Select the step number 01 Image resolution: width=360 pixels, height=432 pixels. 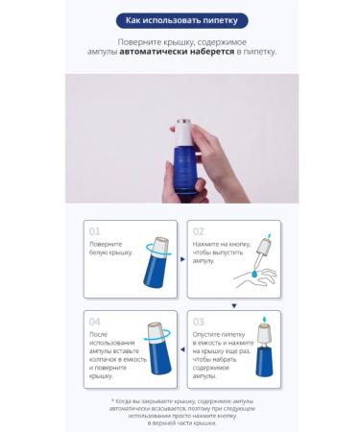point(94,231)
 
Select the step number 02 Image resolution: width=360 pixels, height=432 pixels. point(199,231)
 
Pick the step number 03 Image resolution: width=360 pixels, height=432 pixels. point(199,322)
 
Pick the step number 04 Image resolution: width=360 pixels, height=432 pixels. point(94,322)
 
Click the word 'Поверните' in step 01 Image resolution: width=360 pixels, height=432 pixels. point(106,245)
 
